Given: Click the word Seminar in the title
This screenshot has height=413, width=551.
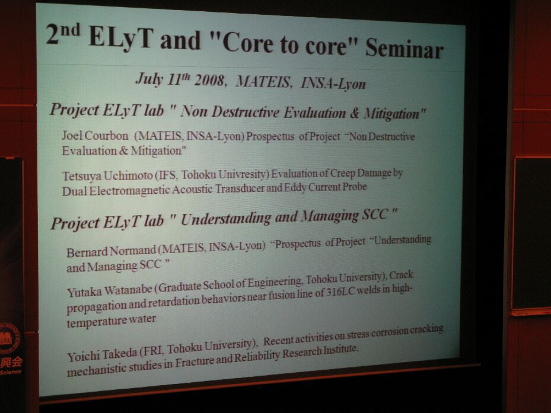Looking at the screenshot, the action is coord(405,48).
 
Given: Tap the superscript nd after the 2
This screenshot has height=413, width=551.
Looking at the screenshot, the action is coord(70,30).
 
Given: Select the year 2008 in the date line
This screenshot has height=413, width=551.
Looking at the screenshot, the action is coord(209,81).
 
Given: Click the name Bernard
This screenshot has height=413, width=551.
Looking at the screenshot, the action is coord(87,252).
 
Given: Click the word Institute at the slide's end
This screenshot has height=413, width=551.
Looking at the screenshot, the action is coord(340,350).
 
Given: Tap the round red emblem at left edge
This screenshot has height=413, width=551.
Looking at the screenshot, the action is coord(9,339).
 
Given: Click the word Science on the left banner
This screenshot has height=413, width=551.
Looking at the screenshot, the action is coord(11,372).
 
